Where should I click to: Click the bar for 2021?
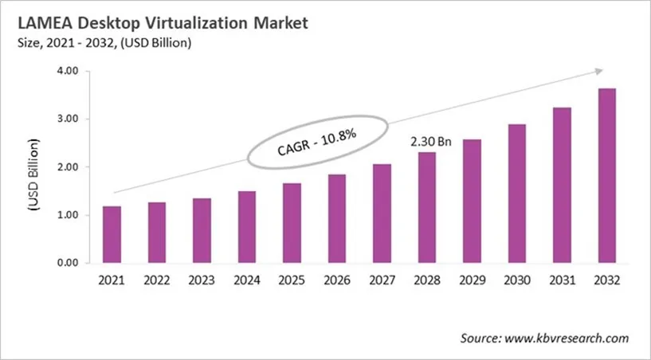tap(113, 235)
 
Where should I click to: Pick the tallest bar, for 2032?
tap(607, 176)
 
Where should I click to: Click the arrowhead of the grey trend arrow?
tap(602, 69)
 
